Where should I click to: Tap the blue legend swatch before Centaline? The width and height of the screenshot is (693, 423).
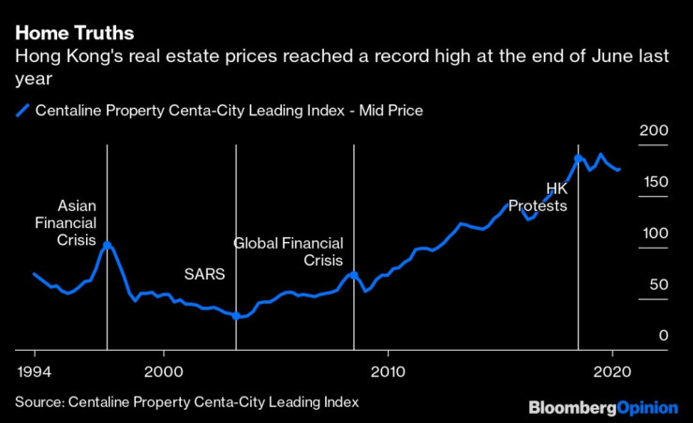pos(22,111)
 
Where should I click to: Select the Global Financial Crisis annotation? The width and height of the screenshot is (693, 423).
pos(288,251)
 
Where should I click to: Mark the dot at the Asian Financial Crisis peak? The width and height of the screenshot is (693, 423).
pos(107,245)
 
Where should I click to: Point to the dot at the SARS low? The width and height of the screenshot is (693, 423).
pos(236,316)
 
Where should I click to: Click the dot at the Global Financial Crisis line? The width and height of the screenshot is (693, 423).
pos(353,275)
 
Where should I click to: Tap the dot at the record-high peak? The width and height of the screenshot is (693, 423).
pos(578,158)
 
